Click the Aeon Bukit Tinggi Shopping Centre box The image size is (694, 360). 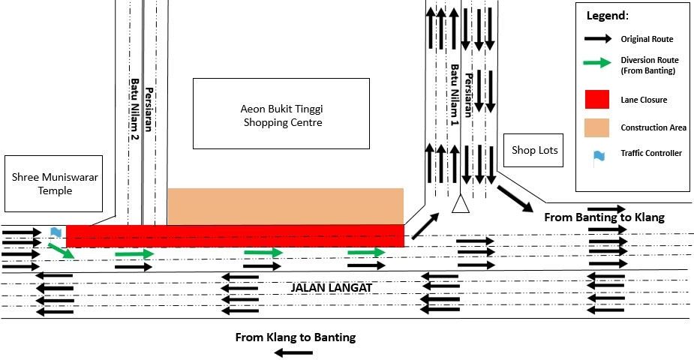[x=281, y=114]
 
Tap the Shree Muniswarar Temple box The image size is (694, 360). [x=53, y=184]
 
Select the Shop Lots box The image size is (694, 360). [x=533, y=150]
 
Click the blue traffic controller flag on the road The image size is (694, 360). [x=56, y=232]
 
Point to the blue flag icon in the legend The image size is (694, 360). [x=599, y=157]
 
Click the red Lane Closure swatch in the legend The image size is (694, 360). [x=597, y=100]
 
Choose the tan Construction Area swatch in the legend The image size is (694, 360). [x=596, y=127]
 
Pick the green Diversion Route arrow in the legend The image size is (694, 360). [x=597, y=63]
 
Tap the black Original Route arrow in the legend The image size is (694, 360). [x=598, y=39]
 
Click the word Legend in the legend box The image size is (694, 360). [x=607, y=16]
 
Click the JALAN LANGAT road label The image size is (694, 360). [x=331, y=288]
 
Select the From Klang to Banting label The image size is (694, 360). [x=295, y=337]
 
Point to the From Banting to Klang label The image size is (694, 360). [x=604, y=217]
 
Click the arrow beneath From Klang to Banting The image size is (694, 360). [x=293, y=353]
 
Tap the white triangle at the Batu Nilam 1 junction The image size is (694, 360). [x=461, y=204]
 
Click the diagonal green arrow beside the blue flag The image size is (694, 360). [x=61, y=250]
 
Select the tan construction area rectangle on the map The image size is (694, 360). [x=286, y=206]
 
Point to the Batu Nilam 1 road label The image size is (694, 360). [x=455, y=94]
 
